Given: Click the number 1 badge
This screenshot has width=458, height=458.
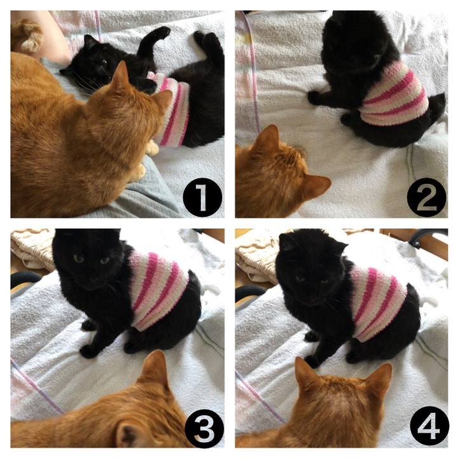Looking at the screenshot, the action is (202, 197).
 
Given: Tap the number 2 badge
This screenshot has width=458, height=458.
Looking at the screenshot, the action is (426, 197).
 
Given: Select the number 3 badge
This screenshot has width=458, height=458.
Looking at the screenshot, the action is (204, 427).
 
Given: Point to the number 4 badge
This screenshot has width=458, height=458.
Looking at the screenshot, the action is (429, 427).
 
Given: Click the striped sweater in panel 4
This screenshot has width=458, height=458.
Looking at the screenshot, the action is (378, 302).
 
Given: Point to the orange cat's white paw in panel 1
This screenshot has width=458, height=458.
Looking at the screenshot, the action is (152, 148).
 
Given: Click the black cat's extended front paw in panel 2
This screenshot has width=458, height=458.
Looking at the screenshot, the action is (314, 97).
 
